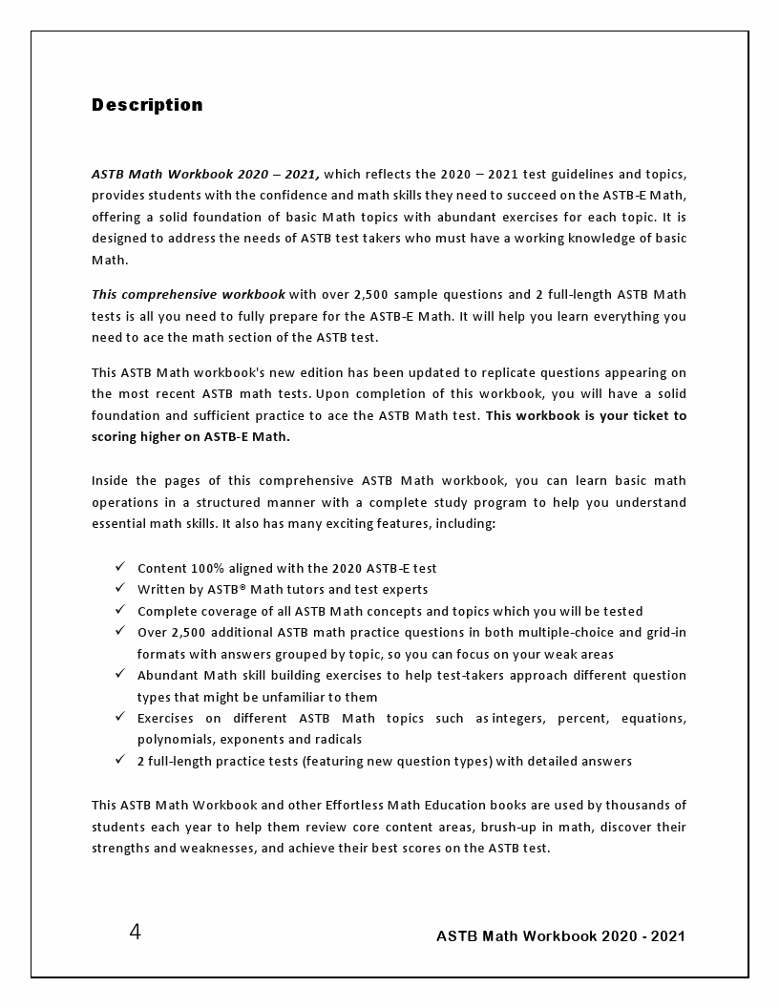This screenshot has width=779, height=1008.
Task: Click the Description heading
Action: click(147, 105)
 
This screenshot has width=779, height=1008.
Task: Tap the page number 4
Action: click(135, 933)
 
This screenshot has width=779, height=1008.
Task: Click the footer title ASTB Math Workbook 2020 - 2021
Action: click(560, 936)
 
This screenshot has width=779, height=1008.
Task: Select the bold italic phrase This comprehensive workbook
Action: click(188, 294)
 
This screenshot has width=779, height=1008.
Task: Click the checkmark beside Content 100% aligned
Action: click(119, 567)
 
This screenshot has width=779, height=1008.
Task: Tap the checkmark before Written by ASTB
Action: click(119, 588)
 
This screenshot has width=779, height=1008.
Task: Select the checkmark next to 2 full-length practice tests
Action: click(119, 760)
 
